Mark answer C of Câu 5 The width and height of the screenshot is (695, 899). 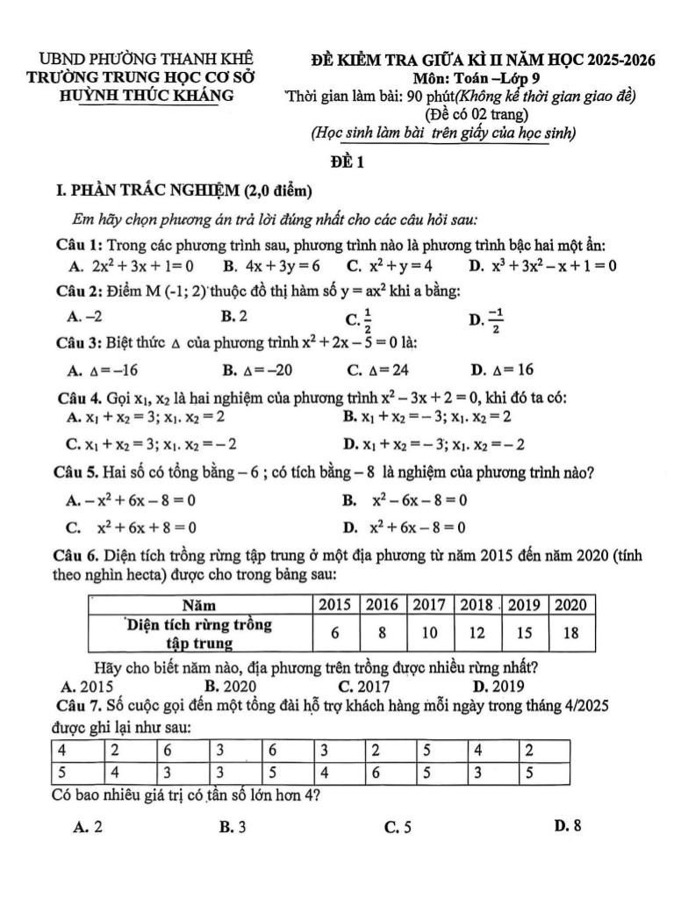tap(131, 528)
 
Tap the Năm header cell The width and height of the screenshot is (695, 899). tap(200, 604)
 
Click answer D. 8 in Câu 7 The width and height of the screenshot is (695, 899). tap(570, 824)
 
